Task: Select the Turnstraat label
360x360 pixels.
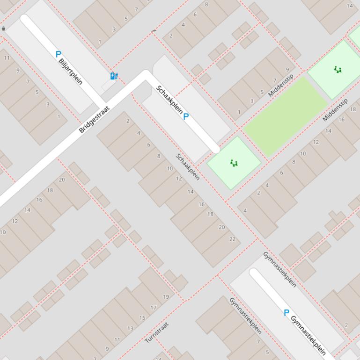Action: tap(156, 332)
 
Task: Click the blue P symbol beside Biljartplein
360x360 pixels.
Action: tap(58, 54)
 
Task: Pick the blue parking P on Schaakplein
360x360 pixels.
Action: tap(186, 116)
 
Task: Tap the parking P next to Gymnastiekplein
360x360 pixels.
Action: tap(287, 313)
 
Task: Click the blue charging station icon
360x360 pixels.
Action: tap(113, 76)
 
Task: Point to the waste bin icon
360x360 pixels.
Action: tap(4, 29)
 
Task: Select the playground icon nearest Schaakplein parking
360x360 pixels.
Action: tap(234, 163)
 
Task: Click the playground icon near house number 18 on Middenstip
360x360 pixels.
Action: tap(338, 70)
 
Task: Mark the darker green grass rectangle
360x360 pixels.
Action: tap(285, 116)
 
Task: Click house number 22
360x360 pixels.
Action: tap(233, 239)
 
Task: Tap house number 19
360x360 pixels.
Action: tap(166, 297)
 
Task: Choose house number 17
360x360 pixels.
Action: tap(154, 308)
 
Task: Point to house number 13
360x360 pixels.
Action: tap(130, 328)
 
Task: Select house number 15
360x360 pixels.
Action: tap(142, 318)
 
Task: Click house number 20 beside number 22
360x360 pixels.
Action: tap(221, 227)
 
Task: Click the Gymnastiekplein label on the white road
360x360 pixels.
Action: tap(308, 335)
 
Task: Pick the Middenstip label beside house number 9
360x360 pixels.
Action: tap(281, 86)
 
